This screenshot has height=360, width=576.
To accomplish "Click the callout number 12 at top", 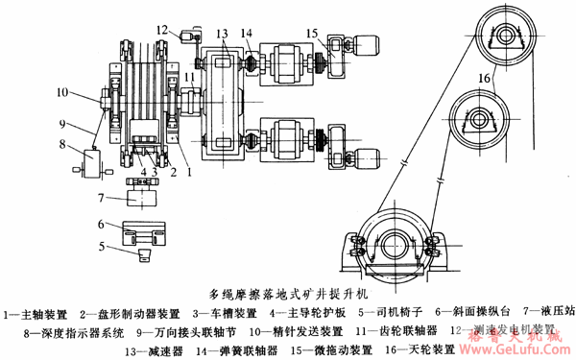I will pyautogui.click(x=162, y=30).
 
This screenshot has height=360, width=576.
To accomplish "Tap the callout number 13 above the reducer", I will pyautogui.click(x=223, y=34).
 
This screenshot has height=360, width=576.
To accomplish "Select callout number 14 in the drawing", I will pyautogui.click(x=248, y=34).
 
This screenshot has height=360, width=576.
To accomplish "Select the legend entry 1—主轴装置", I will pyautogui.click(x=34, y=313).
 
